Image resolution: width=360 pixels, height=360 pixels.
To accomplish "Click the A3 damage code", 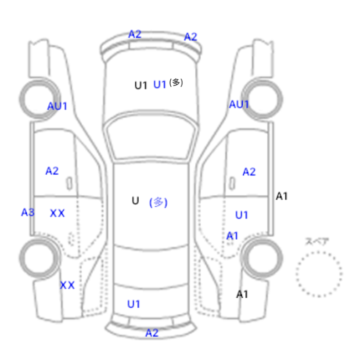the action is [x=28, y=212].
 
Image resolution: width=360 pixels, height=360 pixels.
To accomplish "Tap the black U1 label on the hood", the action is [x=140, y=85].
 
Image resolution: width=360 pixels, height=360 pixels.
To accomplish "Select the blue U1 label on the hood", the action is [x=159, y=84].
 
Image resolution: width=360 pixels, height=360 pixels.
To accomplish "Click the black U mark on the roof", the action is [x=135, y=201].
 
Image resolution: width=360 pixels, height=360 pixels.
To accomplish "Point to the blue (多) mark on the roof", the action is [x=158, y=203].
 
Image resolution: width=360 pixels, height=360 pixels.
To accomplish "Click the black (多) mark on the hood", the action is [x=176, y=82].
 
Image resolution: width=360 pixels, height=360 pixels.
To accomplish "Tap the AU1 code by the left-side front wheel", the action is [x=57, y=106].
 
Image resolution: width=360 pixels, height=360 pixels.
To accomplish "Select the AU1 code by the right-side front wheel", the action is [x=239, y=104].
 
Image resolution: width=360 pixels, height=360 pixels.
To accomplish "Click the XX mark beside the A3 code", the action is [x=58, y=213].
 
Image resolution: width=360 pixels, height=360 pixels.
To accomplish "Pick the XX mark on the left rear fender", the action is [x=67, y=285].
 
